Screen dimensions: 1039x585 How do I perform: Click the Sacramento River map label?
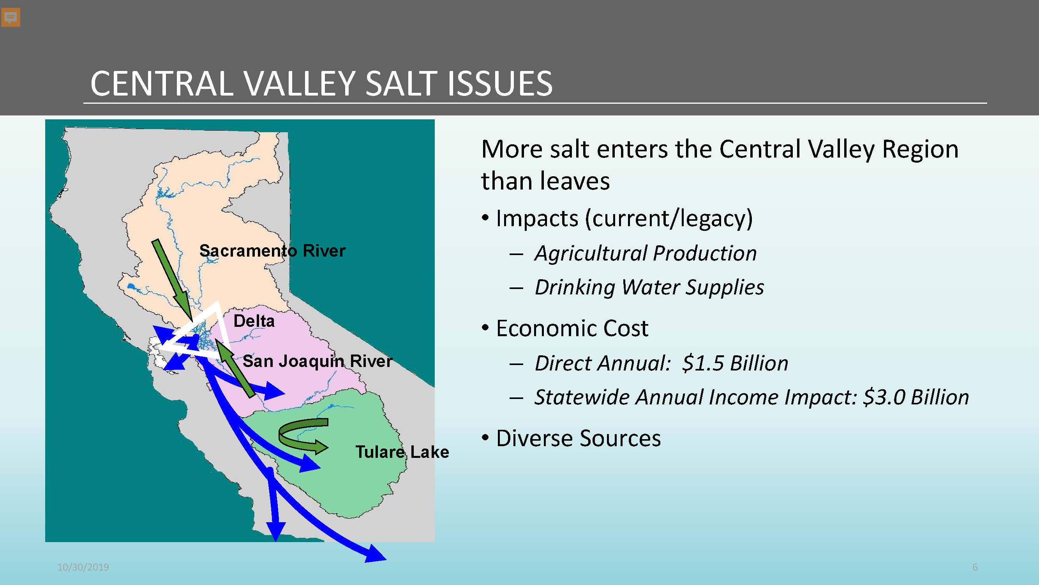coord(272,251)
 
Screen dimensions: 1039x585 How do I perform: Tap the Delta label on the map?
coord(254,321)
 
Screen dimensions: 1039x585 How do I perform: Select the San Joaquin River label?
coord(318,361)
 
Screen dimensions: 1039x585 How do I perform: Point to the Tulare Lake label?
coord(402,452)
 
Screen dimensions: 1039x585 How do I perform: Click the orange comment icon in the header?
coord(11,18)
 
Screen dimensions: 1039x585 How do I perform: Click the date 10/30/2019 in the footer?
coord(83,567)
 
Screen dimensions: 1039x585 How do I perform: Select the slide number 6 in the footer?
coord(975,567)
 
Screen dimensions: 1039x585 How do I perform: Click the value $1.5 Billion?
coord(735,363)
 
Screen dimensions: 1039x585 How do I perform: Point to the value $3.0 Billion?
coord(916,397)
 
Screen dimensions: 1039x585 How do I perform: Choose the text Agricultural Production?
coord(646,253)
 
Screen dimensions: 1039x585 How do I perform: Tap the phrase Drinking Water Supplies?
coord(649,287)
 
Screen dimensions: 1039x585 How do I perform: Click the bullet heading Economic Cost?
coord(572,328)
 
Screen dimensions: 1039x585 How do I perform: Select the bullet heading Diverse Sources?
coord(579,438)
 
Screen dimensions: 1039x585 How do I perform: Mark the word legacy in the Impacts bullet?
coord(711,219)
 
